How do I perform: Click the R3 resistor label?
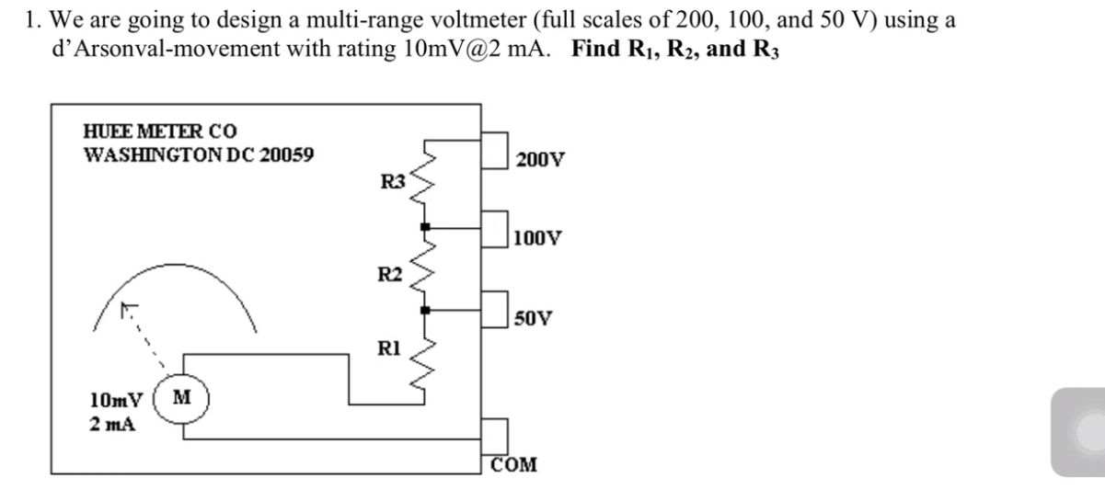(393, 181)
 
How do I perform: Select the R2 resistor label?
(390, 273)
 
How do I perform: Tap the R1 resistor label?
(388, 348)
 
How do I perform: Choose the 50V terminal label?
(533, 319)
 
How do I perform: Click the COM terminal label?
(515, 462)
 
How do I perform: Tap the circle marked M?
(180, 401)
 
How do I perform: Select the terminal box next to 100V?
(495, 226)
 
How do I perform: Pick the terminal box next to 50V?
(495, 306)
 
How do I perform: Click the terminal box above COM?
(495, 433)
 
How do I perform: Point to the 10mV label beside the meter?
(117, 401)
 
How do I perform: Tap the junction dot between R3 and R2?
(424, 225)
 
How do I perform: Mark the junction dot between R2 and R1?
(424, 311)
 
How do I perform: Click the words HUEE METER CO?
(147, 132)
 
